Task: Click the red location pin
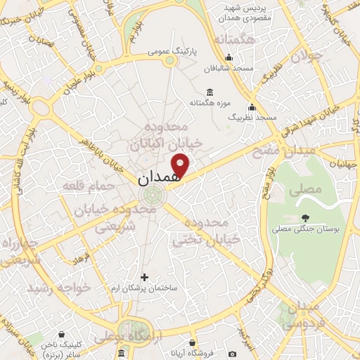[182, 165]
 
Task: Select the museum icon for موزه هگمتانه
[210, 92]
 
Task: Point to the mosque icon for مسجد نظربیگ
[252, 108]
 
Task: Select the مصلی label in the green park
[309, 189]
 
